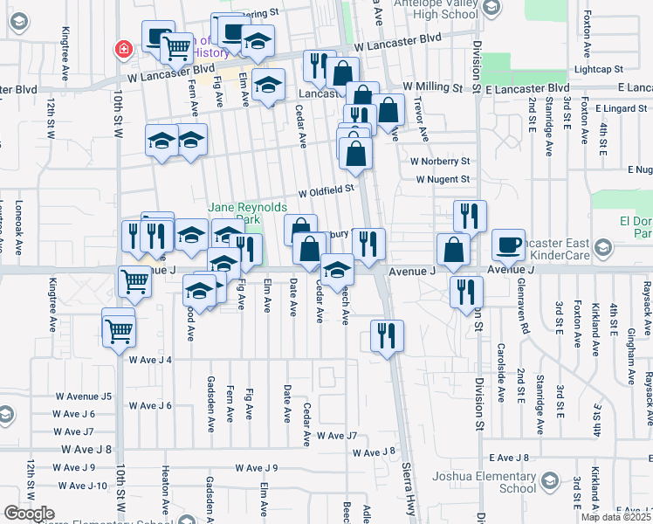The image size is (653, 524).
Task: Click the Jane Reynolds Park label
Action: [247, 214]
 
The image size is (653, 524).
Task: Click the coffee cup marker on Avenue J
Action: [508, 245]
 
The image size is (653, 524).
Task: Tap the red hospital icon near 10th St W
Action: [124, 48]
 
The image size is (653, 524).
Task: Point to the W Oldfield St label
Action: [326, 190]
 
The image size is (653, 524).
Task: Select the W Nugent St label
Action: [443, 179]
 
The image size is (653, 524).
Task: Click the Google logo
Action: [28, 514]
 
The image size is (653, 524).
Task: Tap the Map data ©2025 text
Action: [616, 517]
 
